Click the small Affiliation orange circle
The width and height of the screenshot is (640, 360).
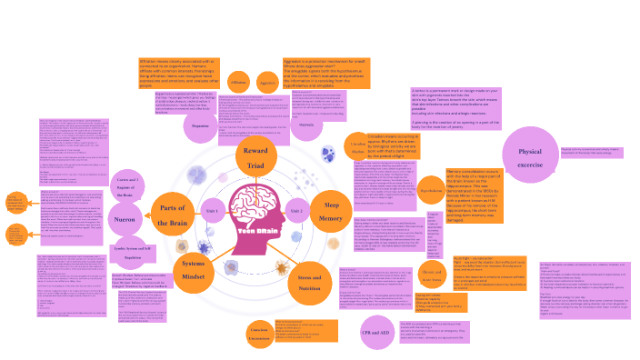point(238,82)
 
